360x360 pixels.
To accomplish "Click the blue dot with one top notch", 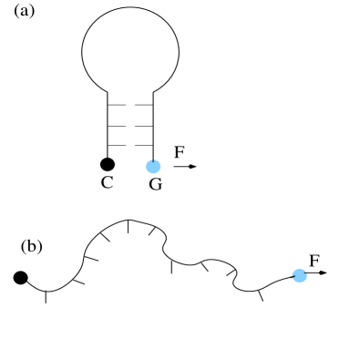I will [x=153, y=166].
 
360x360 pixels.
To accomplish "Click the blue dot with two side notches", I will [x=299, y=275].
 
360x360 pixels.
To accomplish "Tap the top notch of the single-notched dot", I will [x=155, y=160].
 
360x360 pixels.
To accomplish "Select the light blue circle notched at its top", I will [x=153, y=166].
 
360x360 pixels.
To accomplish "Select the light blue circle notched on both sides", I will [x=299, y=275].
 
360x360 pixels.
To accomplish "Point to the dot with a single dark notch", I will [x=153, y=166].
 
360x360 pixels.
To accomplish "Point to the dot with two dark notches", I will [x=299, y=275].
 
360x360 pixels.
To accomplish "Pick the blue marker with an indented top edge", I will [x=153, y=166].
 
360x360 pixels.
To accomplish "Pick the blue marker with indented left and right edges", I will [x=299, y=275].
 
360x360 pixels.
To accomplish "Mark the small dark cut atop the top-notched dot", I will [x=155, y=160].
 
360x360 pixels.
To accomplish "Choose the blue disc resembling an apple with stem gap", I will [x=153, y=166].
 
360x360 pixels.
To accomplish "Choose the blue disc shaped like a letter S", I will [x=299, y=275].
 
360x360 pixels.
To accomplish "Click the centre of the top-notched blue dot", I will [x=153, y=166].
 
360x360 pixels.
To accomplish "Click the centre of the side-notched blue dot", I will [x=299, y=275].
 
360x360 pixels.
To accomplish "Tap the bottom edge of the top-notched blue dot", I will [x=153, y=172].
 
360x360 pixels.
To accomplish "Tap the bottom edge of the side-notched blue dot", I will [x=299, y=282].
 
